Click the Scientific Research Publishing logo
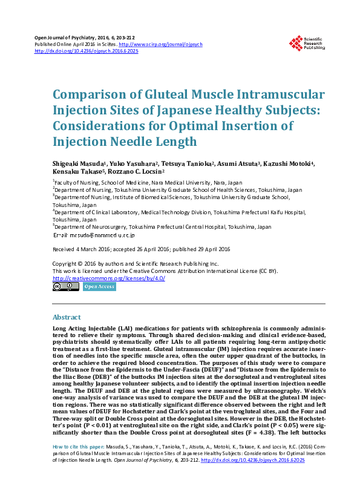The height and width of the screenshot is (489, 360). coord(307,43)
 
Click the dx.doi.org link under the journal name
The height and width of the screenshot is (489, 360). coord(87,51)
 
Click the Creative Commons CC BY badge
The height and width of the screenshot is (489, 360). coord(65,287)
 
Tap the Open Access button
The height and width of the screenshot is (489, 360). coord(99,287)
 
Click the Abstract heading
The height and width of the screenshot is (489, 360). coord(67,317)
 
